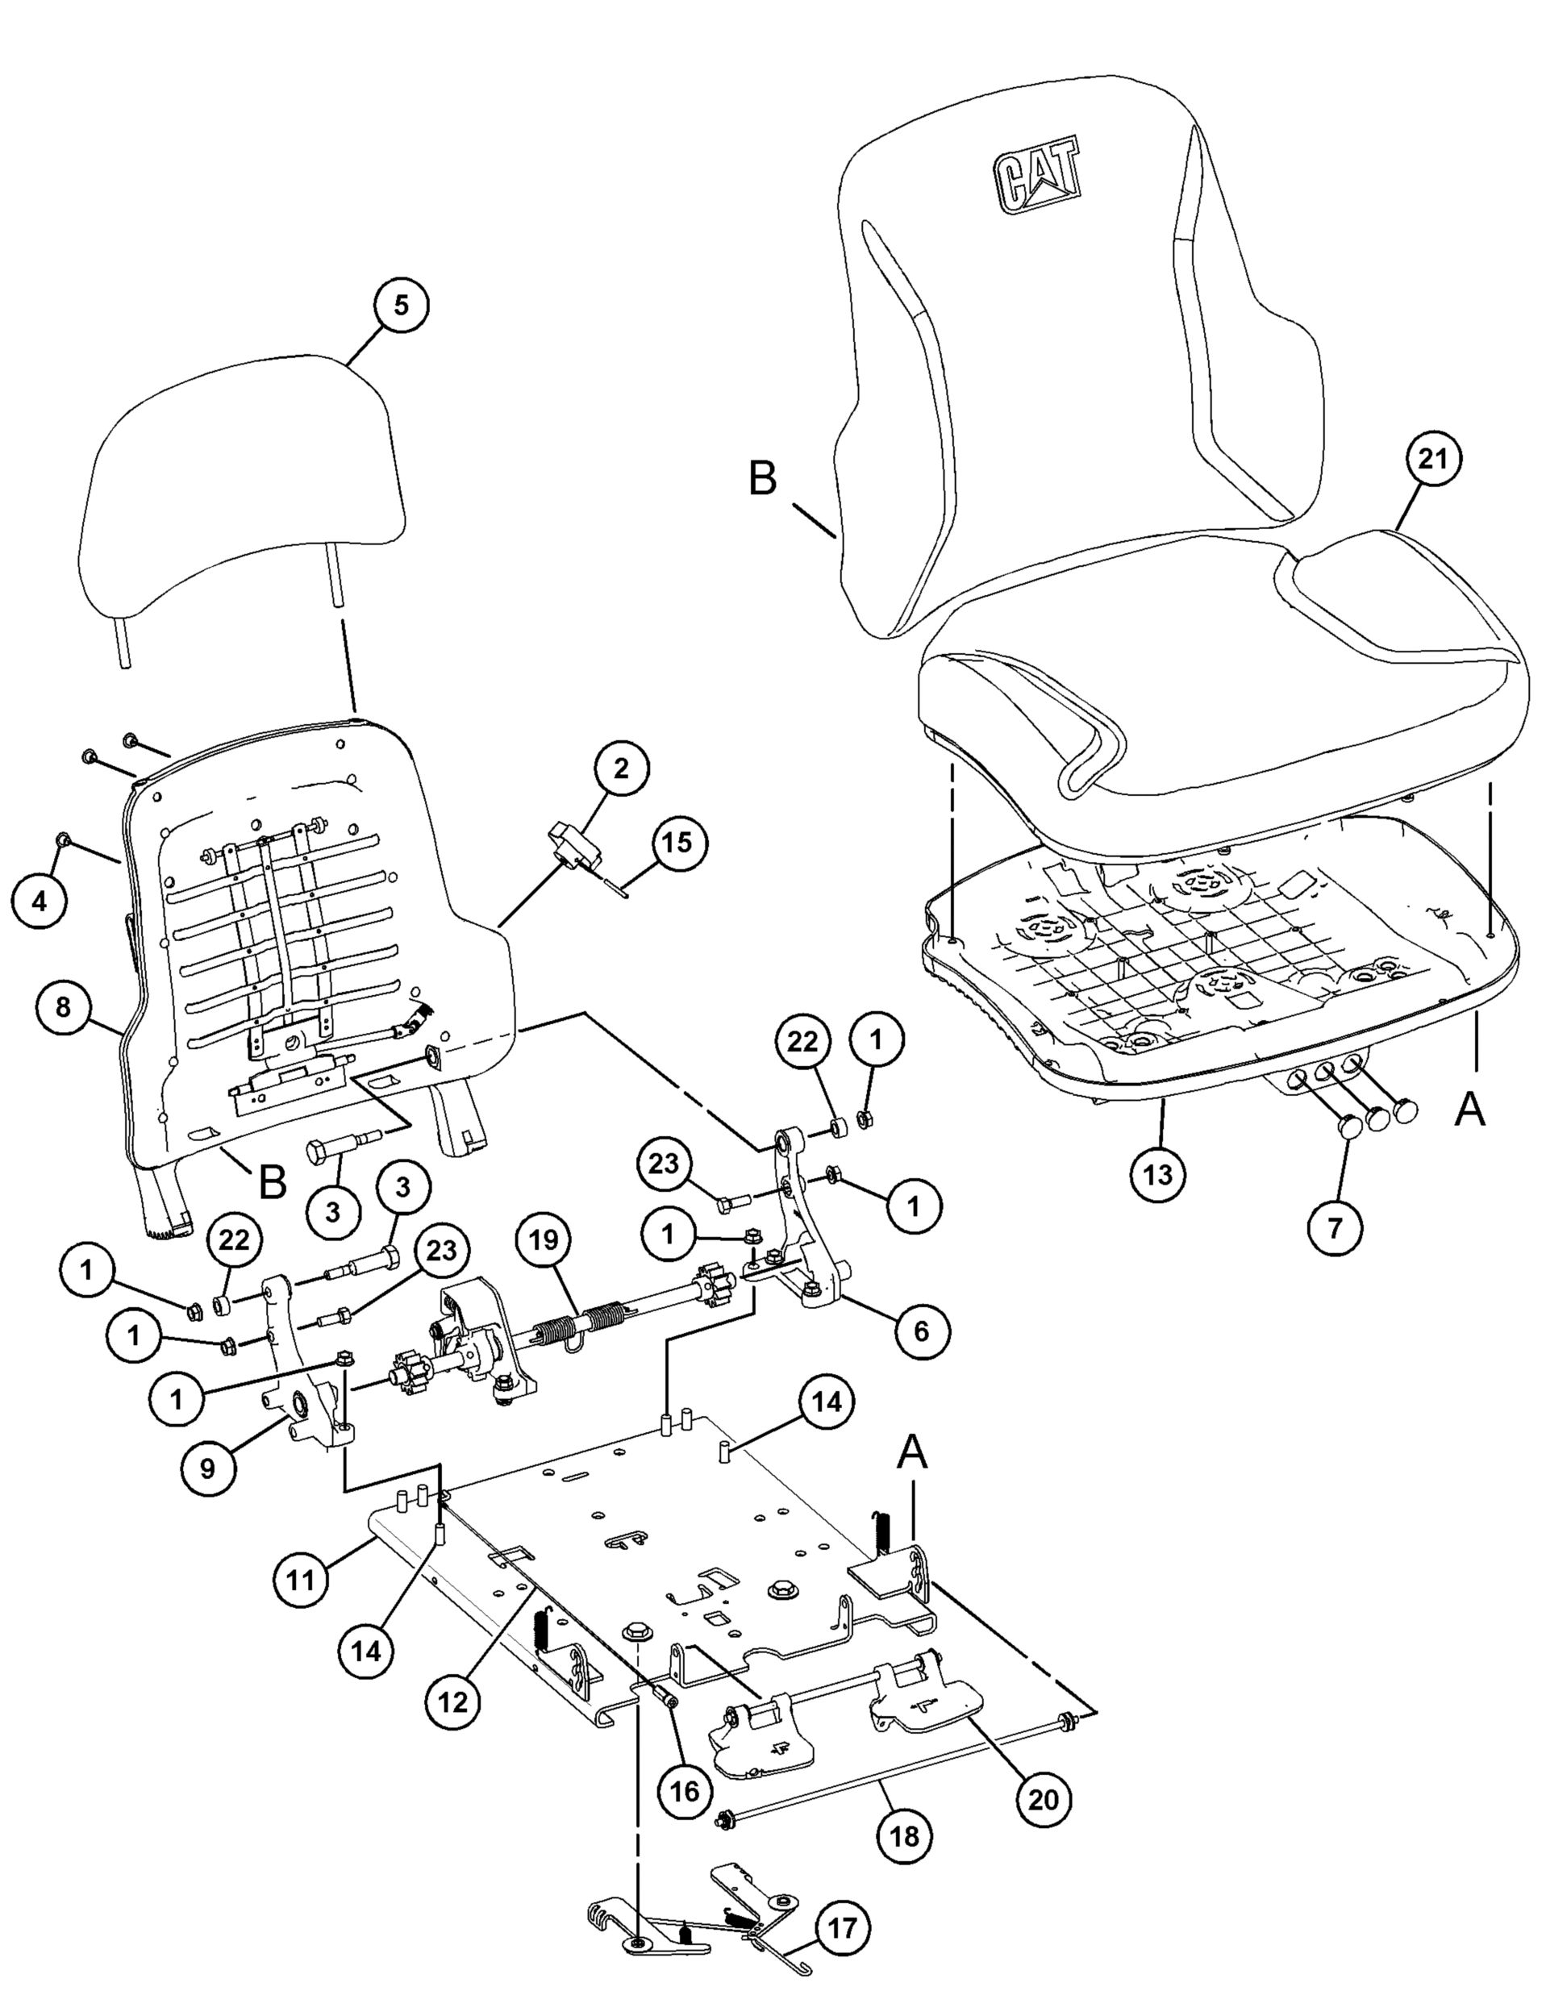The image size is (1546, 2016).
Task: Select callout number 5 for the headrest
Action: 400,305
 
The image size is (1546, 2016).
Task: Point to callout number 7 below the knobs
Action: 1335,1226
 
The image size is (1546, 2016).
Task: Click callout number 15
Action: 678,843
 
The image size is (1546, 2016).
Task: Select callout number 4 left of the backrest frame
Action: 39,901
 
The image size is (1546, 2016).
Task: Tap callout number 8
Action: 64,1006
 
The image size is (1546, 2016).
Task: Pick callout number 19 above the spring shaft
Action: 544,1239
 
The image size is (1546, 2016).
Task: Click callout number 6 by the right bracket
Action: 921,1330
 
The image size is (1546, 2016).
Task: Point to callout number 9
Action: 207,1467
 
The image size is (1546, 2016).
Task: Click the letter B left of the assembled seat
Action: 763,479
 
